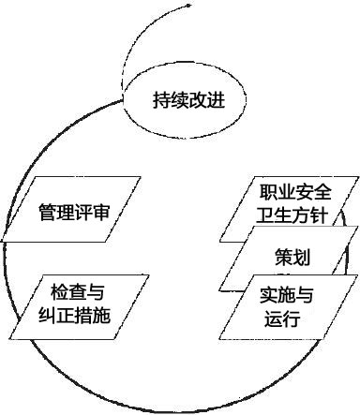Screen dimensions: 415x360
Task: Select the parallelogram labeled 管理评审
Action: (x=74, y=213)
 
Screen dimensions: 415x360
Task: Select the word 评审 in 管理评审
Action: (x=92, y=213)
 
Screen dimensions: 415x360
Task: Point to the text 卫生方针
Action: (x=294, y=216)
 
